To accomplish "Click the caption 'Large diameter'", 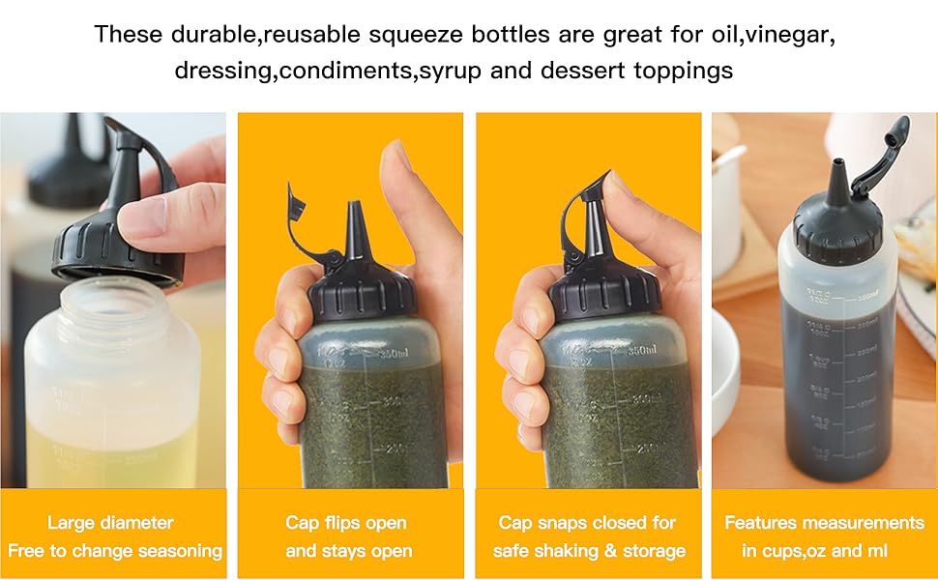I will point(110,523).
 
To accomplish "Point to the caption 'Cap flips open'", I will point(346,523).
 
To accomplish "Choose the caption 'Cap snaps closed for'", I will point(587,523).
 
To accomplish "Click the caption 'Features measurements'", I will point(824,523).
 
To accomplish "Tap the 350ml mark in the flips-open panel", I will point(387,354).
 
